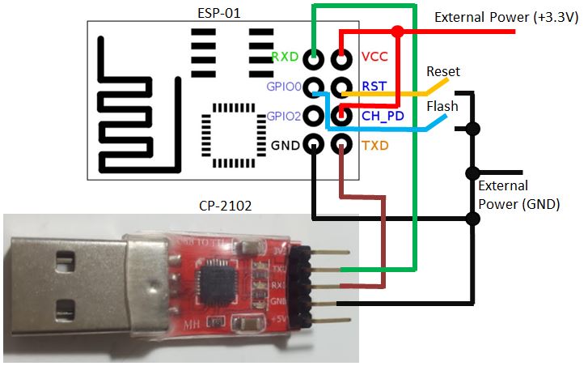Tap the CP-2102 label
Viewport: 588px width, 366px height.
point(224,206)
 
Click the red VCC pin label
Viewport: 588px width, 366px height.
point(374,57)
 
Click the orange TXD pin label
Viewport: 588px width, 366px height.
point(374,146)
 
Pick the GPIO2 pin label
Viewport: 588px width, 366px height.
point(283,117)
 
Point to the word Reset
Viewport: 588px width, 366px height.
point(442,71)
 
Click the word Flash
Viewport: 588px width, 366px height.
point(442,106)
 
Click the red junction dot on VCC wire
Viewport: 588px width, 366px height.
point(396,32)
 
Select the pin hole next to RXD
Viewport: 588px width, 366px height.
point(314,57)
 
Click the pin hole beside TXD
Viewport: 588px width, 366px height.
point(343,146)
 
